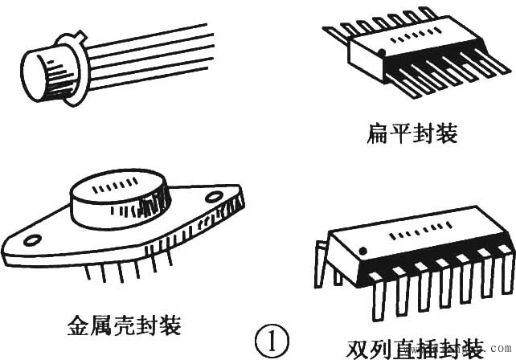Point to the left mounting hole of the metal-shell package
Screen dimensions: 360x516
pyautogui.click(x=31, y=239)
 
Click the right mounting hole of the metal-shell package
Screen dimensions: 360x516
pyautogui.click(x=214, y=196)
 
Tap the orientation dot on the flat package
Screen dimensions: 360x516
pyautogui.click(x=381, y=53)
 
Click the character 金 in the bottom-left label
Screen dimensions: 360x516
pyautogui.click(x=80, y=325)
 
